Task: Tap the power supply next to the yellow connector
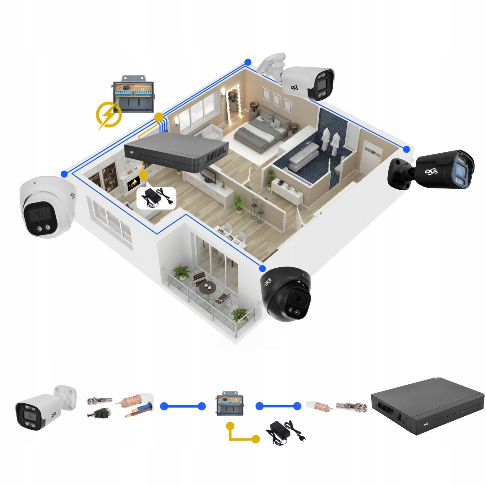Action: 285,432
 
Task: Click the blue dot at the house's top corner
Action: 248,62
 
